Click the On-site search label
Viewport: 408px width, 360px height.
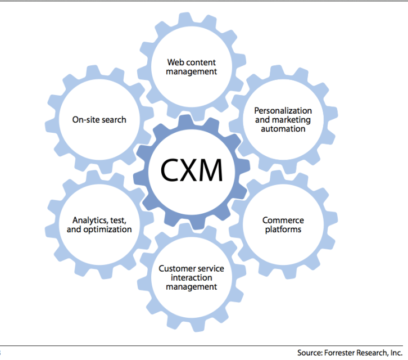(99, 119)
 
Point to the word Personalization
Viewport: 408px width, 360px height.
(283, 111)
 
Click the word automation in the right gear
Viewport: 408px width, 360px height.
(283, 129)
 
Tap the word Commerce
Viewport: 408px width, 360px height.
(283, 220)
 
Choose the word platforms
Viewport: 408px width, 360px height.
(283, 229)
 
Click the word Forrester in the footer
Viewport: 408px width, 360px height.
(343, 353)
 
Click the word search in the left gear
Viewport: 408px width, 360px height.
(114, 119)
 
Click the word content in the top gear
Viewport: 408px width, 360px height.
(201, 62)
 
